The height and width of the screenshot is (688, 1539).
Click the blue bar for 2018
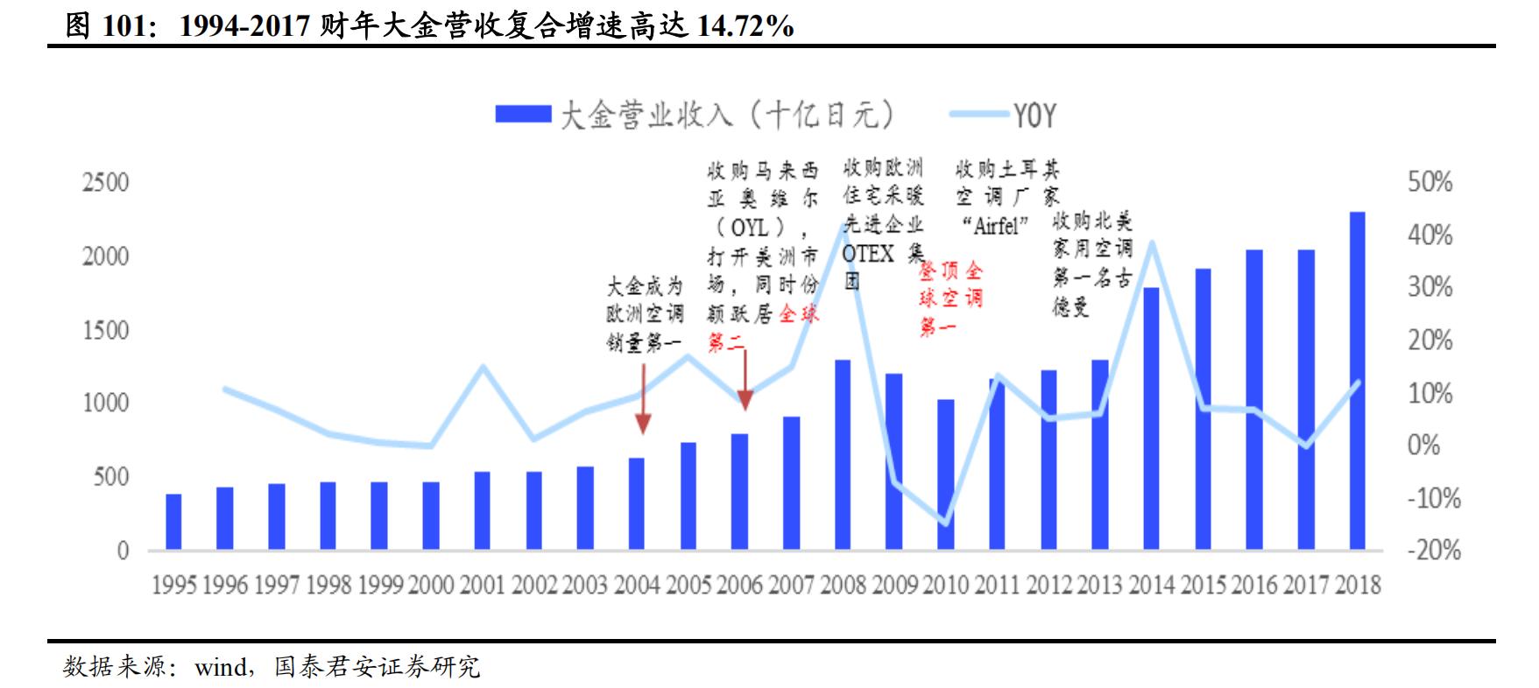tap(1357, 381)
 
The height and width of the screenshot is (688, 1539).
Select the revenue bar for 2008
tap(843, 454)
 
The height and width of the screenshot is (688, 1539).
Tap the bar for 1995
tap(173, 522)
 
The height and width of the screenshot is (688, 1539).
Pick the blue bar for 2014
tap(1151, 418)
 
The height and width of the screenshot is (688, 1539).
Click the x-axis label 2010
tap(946, 585)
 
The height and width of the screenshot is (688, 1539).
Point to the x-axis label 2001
tap(483, 585)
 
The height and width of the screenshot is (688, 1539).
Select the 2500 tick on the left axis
tap(105, 182)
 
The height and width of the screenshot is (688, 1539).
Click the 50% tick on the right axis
tap(1430, 182)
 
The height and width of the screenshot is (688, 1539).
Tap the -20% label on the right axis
tap(1434, 551)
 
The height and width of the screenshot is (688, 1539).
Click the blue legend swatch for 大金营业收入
tap(523, 115)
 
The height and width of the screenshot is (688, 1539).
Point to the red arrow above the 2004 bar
tap(643, 399)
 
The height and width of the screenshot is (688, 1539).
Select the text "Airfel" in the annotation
tap(995, 226)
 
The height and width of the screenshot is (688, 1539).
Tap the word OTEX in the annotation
tap(868, 254)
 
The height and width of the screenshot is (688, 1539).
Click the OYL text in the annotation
tap(749, 228)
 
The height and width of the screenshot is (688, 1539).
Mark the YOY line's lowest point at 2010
tap(946, 524)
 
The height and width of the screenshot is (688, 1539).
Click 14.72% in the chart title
tap(745, 26)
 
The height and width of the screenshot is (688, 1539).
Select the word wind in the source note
tap(221, 668)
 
